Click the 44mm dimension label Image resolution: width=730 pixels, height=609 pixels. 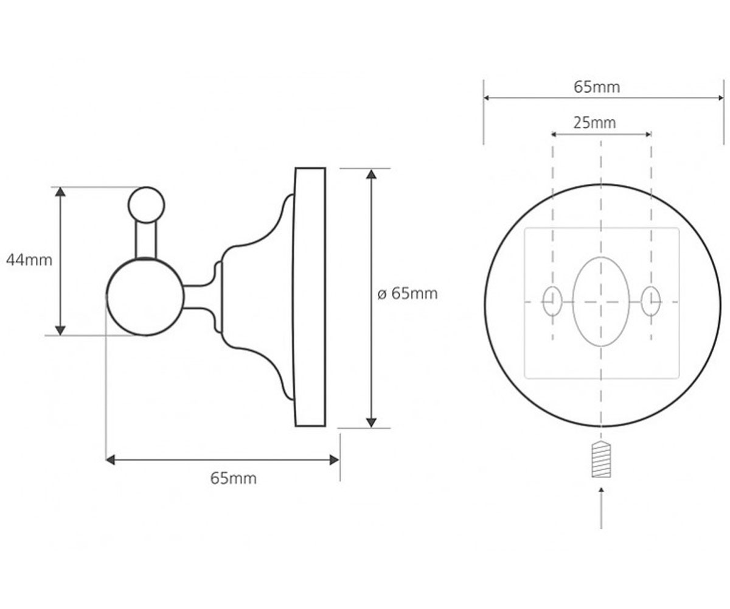(x=29, y=260)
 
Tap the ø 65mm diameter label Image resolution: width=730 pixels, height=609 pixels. (x=408, y=294)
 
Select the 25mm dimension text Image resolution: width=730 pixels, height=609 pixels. (x=594, y=123)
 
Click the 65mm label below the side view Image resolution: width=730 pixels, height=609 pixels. (x=233, y=479)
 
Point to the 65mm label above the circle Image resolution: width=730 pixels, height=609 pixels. (x=597, y=87)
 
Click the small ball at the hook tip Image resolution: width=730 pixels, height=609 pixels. (x=147, y=205)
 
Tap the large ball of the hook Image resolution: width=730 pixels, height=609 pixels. (x=145, y=297)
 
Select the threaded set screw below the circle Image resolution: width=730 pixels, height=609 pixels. (x=602, y=460)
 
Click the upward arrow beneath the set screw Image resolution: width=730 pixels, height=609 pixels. (x=602, y=507)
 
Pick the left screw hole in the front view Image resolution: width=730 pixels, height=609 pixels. (x=552, y=301)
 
